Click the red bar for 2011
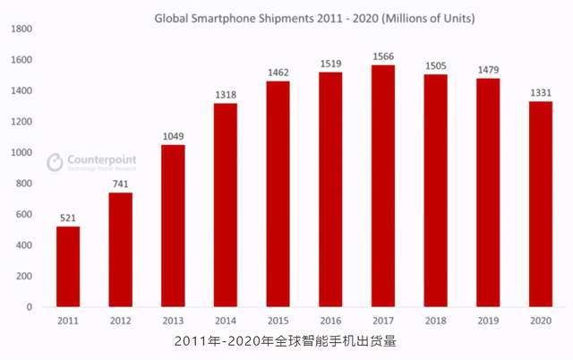[x=68, y=266]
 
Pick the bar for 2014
[x=225, y=205]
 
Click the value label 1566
[x=382, y=56]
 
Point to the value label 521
[x=68, y=218]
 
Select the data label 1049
[x=173, y=136]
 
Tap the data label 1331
[x=539, y=92]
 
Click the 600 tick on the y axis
[x=24, y=214]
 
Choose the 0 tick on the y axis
[x=30, y=307]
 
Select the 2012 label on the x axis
[x=120, y=320]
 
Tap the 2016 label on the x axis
[x=329, y=320]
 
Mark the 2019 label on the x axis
[x=487, y=320]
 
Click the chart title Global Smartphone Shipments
[x=314, y=17]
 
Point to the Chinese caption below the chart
[x=285, y=342]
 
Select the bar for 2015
[x=278, y=194]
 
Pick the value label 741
[x=120, y=184]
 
